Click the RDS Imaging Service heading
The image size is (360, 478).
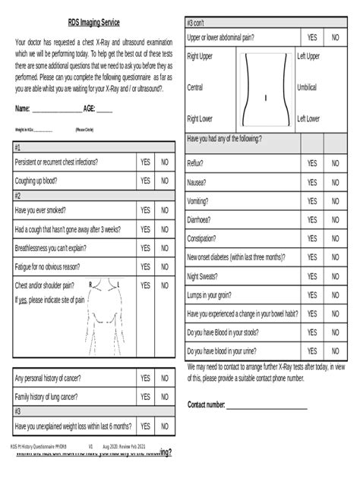click(93, 23)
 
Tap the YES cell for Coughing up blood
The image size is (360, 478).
click(145, 181)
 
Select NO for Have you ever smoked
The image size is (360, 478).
click(165, 210)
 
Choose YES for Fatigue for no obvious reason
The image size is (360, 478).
click(145, 266)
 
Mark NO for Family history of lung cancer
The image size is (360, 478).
click(165, 397)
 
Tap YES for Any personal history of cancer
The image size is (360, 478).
click(145, 377)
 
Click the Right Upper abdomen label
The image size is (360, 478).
click(200, 57)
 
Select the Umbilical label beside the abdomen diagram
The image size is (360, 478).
click(308, 87)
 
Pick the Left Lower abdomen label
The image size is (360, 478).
click(308, 119)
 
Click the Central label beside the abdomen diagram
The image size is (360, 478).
click(194, 87)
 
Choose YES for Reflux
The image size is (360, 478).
click(312, 163)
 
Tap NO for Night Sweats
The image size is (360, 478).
click(335, 277)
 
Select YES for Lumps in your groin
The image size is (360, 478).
click(312, 295)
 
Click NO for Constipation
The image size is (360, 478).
click(335, 239)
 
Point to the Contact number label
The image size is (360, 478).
click(206, 404)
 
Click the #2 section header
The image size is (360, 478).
click(17, 195)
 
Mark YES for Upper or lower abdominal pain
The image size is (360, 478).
click(312, 37)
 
